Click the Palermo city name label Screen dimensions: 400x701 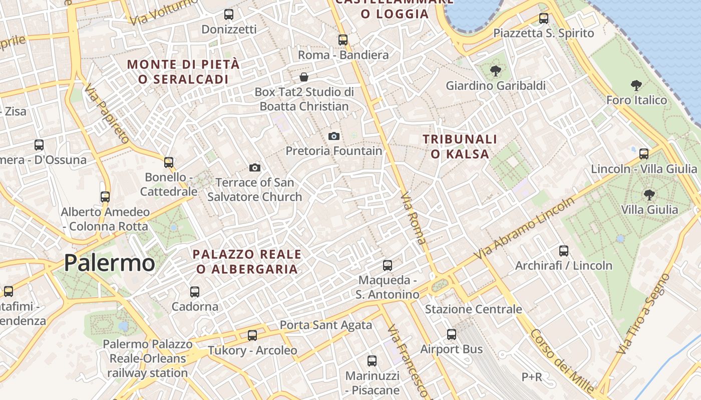pyautogui.click(x=109, y=263)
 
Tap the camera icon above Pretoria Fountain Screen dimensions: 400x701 pyautogui.click(x=334, y=136)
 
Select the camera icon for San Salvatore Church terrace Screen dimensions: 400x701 pyautogui.click(x=255, y=167)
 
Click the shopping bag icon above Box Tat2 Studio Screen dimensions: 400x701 pyautogui.click(x=303, y=77)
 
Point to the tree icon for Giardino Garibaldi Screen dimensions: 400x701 pyautogui.click(x=496, y=71)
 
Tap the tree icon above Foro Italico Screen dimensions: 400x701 pyautogui.click(x=636, y=85)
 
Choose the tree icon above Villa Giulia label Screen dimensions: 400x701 pyautogui.click(x=649, y=194)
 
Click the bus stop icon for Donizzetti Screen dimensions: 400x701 pyautogui.click(x=229, y=14)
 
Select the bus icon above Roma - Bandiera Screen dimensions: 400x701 pyautogui.click(x=343, y=40)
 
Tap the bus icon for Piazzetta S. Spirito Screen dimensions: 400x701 pyautogui.click(x=544, y=18)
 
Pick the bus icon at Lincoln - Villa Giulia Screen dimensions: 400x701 pyautogui.click(x=644, y=153)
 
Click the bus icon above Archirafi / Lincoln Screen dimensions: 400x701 pyautogui.click(x=564, y=250)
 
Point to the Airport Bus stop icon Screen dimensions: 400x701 pyautogui.click(x=452, y=334)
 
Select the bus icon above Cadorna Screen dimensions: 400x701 pyautogui.click(x=195, y=291)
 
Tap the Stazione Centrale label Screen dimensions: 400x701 pyautogui.click(x=473, y=309)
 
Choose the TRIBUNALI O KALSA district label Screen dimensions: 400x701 pyautogui.click(x=460, y=146)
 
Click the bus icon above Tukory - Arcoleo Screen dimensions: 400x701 pyautogui.click(x=252, y=335)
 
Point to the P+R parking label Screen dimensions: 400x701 pyautogui.click(x=532, y=377)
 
